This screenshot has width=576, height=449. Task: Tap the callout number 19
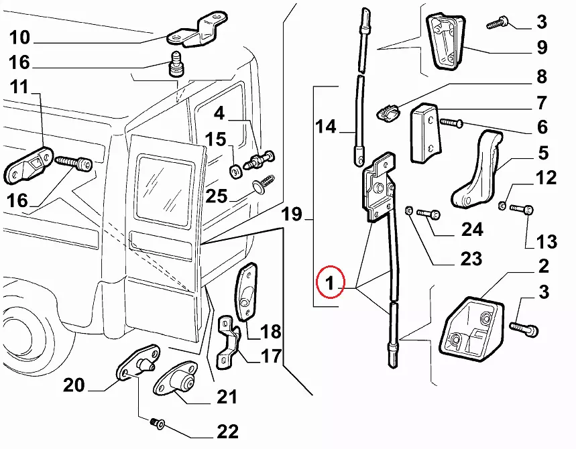coord(292,215)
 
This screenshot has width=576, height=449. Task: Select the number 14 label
coord(326,126)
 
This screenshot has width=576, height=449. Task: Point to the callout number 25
coord(217,196)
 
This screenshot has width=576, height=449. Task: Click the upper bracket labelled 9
coord(445,41)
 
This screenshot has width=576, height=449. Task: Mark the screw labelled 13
coord(521,210)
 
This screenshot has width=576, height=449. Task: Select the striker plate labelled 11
coord(30,164)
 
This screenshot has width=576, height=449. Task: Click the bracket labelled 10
coord(199,29)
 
